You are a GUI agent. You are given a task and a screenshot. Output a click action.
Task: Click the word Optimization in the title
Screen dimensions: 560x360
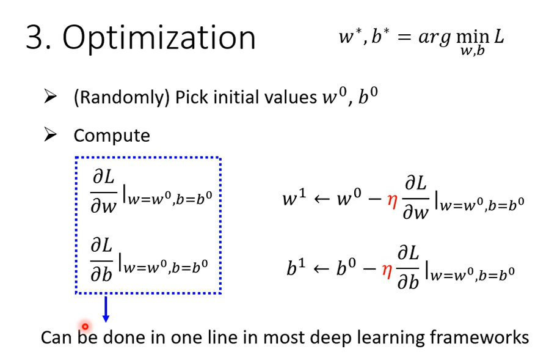click(159, 39)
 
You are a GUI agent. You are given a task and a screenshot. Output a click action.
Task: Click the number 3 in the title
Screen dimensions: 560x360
click(35, 37)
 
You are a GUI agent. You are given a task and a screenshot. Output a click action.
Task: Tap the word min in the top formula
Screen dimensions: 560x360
click(473, 37)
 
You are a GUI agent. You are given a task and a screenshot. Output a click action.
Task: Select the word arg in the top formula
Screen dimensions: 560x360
click(434, 38)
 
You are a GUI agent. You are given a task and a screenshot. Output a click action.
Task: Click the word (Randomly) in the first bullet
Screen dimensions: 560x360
click(122, 97)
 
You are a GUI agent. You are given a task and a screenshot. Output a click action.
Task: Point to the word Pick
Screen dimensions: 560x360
click(192, 97)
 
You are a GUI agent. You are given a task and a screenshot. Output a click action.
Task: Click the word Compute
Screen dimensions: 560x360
click(112, 136)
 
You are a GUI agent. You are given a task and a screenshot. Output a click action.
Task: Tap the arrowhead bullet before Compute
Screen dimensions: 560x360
click(50, 135)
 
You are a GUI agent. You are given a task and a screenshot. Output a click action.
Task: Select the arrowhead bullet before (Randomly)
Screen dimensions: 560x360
click(50, 97)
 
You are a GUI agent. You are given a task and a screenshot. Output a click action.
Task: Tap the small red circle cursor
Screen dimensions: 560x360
click(85, 326)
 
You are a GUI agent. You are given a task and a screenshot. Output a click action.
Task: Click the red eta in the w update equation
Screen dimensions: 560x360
click(392, 201)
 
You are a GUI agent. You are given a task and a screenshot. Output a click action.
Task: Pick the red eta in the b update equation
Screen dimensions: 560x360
click(387, 271)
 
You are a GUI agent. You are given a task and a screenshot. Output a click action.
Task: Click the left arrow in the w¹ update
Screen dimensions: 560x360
click(322, 199)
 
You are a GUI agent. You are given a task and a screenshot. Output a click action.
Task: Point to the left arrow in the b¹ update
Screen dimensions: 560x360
click(322, 269)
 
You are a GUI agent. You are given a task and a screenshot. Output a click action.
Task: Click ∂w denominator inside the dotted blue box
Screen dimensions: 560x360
click(104, 206)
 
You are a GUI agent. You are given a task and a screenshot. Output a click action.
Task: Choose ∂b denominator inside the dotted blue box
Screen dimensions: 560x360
click(101, 274)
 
